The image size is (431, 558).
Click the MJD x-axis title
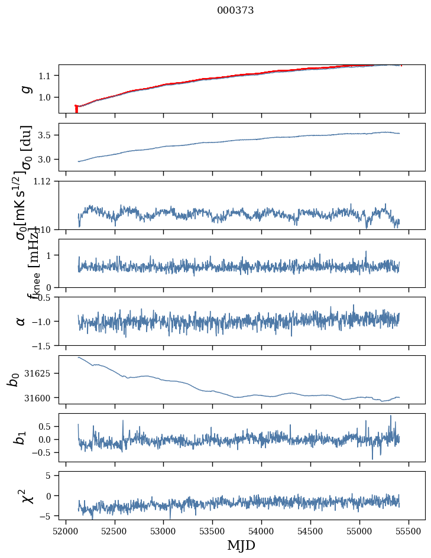pos(241,545)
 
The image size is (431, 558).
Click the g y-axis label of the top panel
pos(25,89)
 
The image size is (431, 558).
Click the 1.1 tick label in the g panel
pos(46,76)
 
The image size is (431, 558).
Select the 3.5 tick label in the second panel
pos(46,135)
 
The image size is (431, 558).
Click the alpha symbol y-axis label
pos(21,321)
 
